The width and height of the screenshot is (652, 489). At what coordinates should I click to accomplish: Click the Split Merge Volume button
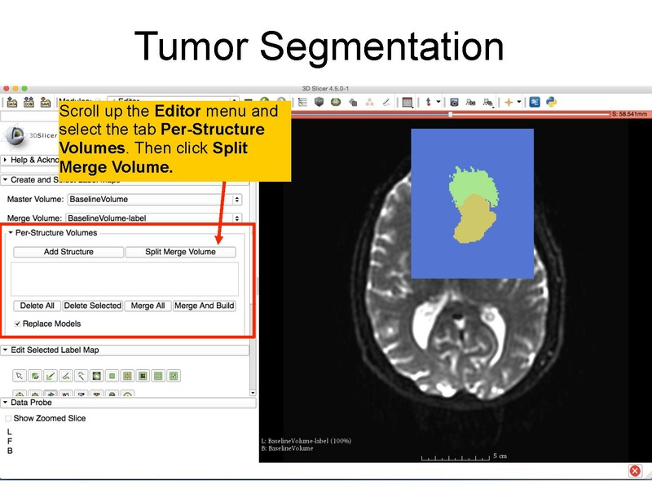point(180,252)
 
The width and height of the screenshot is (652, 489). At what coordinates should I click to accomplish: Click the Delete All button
point(37,306)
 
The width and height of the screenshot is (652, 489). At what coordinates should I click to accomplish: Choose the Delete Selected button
point(92,306)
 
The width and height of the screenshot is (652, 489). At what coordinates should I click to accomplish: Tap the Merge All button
point(148,306)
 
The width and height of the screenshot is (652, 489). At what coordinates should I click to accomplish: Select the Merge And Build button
point(204,306)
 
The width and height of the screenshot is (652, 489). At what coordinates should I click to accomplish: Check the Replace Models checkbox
point(18,324)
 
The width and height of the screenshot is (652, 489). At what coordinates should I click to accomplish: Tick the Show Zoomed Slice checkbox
point(9,418)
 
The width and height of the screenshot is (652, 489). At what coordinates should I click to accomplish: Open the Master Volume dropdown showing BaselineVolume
point(155,199)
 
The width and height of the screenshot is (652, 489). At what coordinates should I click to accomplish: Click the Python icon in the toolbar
point(551,102)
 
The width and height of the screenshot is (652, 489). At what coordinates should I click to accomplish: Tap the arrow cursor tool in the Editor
point(20,376)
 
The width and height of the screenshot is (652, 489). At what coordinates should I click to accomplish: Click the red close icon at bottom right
point(635,471)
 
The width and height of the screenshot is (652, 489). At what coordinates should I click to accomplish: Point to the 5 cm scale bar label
point(500,456)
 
